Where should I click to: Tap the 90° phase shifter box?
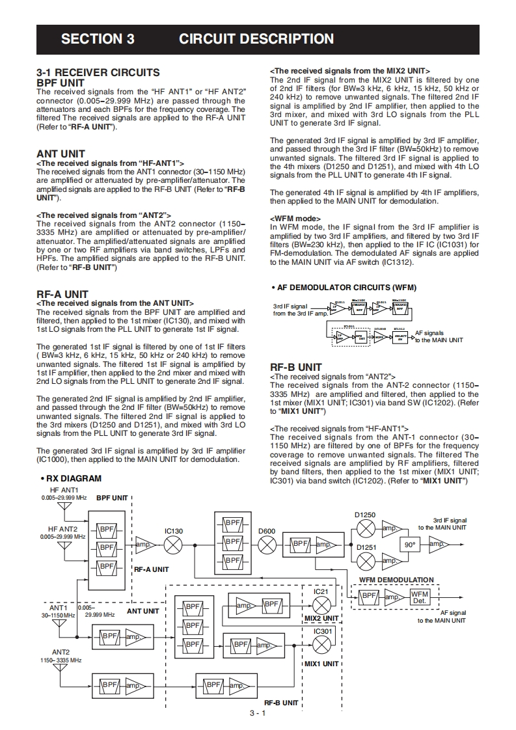click(410, 545)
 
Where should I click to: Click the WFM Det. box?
click(420, 596)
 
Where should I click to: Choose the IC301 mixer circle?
click(321, 644)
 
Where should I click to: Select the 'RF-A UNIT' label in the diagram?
click(151, 569)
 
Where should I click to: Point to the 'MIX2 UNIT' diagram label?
click(321, 618)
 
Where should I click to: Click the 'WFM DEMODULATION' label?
click(396, 580)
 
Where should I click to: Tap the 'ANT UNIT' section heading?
click(61, 154)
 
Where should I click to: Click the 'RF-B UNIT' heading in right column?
click(296, 367)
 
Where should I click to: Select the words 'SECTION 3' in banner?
click(98, 39)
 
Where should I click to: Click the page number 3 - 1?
click(258, 713)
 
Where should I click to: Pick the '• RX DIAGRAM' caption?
click(70, 478)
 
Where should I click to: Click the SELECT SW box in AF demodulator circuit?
click(401, 337)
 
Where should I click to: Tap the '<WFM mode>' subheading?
click(295, 218)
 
